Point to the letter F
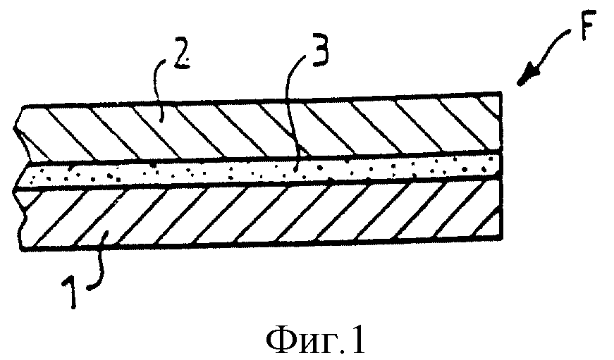coord(588,26)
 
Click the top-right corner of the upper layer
coord(501,92)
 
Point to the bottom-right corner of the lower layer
coord(502,238)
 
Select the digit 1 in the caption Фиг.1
coord(357,340)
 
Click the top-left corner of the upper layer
coord(23,106)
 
